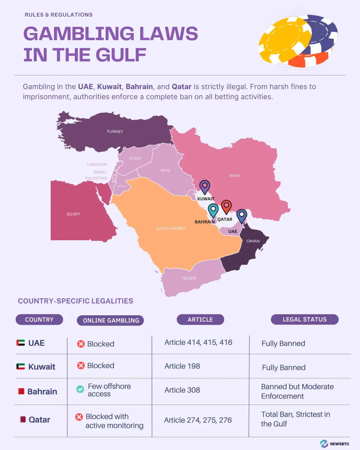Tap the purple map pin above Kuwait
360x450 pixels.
[x=205, y=187]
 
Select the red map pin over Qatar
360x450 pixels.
[x=226, y=206]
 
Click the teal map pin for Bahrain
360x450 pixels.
[x=213, y=210]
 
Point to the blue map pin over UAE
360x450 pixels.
[x=242, y=215]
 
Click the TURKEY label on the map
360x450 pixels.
[x=115, y=131]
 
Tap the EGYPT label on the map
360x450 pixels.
[x=73, y=214]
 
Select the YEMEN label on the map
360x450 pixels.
[x=189, y=278]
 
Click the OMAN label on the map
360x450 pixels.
[x=253, y=241]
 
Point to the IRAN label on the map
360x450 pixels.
[x=234, y=175]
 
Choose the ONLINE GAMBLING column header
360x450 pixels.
[x=111, y=320]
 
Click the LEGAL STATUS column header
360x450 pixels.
[x=304, y=319]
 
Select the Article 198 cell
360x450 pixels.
[x=182, y=366]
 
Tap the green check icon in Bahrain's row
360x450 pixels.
[x=80, y=389]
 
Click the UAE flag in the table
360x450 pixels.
[x=21, y=343]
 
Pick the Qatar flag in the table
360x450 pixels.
[x=22, y=419]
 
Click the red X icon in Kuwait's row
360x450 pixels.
[x=81, y=366]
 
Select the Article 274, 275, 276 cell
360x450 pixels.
[x=198, y=420]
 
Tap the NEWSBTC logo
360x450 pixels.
[x=334, y=444]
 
